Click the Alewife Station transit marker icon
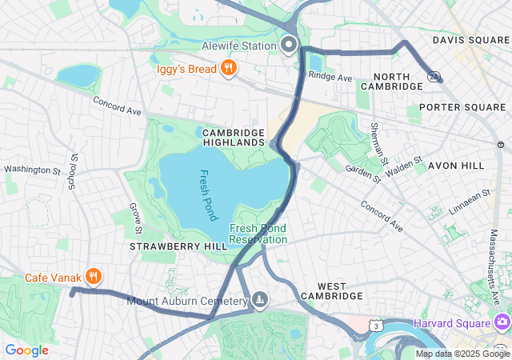[x=289, y=44]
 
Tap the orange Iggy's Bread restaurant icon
[x=229, y=68]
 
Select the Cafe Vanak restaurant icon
[x=94, y=277]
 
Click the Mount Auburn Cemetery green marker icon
[x=260, y=300]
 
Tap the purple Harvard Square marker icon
[x=502, y=323]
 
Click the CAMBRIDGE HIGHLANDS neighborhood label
[x=233, y=137]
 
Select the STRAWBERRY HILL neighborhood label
[x=178, y=247]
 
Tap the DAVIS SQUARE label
[x=471, y=39]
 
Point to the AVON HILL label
[x=456, y=165]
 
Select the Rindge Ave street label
[x=330, y=78]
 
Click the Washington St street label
[x=33, y=170]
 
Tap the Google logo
[x=26, y=350]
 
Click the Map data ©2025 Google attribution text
[x=462, y=354]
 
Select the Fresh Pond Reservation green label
[x=258, y=234]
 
